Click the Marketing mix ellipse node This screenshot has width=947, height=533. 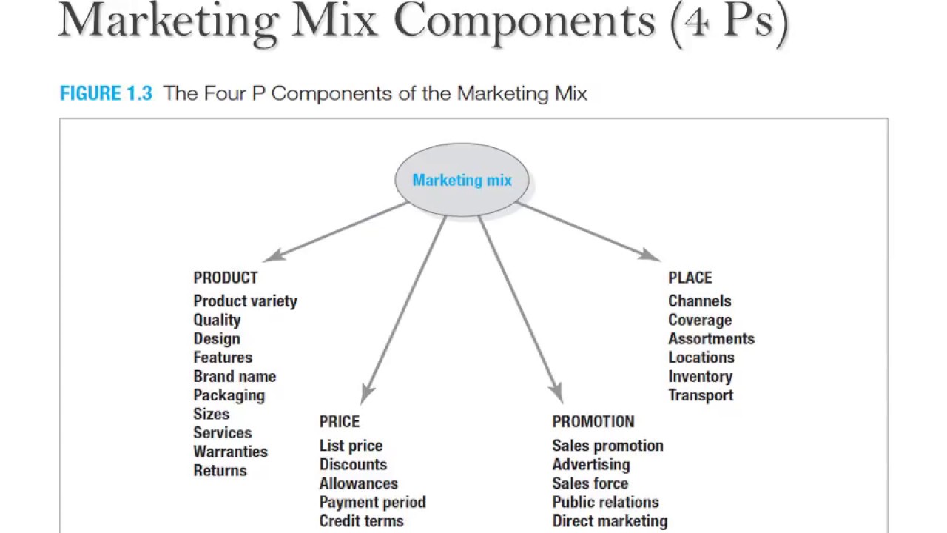click(x=462, y=180)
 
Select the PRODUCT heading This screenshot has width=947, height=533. click(x=226, y=278)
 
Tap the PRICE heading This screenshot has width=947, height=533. click(x=339, y=421)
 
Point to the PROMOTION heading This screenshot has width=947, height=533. click(x=593, y=421)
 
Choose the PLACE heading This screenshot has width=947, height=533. click(x=690, y=278)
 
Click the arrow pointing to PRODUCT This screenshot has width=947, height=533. click(x=337, y=230)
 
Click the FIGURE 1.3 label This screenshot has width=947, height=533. click(x=106, y=94)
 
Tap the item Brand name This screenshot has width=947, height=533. click(x=235, y=376)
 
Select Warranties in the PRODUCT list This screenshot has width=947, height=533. click(x=230, y=452)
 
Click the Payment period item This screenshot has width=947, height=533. click(x=372, y=502)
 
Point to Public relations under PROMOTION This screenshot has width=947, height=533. click(x=605, y=502)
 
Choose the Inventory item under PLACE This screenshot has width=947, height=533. click(x=700, y=376)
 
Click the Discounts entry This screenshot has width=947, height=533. click(x=353, y=464)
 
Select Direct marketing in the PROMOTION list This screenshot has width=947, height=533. click(x=610, y=521)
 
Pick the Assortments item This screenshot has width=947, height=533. click(x=711, y=338)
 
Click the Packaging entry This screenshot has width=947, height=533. click(x=229, y=395)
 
